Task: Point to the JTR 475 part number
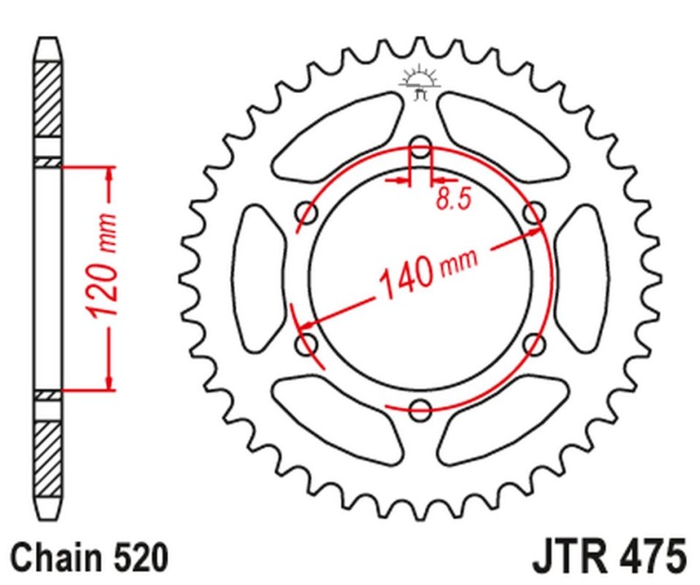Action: tap(605, 556)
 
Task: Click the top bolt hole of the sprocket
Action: tap(420, 146)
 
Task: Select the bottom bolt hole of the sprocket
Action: tap(420, 407)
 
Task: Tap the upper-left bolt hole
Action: tap(307, 212)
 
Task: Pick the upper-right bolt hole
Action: tap(533, 212)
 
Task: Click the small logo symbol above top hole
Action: tap(419, 80)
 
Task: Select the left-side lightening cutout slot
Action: tap(261, 278)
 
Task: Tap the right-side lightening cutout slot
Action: tap(579, 278)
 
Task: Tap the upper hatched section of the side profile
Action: tap(48, 98)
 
